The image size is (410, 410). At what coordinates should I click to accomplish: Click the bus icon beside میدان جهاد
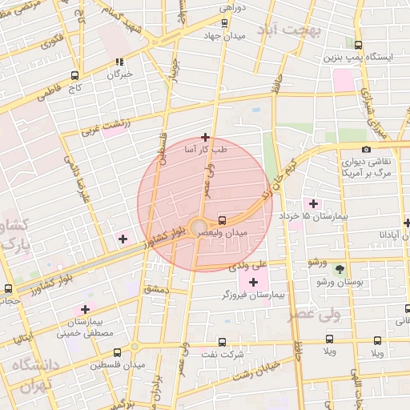pos(224,23)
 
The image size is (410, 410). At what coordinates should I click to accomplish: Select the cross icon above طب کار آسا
pos(206,137)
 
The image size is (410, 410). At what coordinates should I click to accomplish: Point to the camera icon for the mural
pos(366,149)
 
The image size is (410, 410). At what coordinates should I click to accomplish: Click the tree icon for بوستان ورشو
pos(340,270)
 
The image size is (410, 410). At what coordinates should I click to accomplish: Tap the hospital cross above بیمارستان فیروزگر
pos(254,281)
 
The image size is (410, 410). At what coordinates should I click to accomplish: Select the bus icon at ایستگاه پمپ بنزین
pos(358,45)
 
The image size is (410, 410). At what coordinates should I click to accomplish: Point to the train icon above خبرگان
pos(119,62)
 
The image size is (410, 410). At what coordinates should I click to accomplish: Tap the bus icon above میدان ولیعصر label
pos(222,220)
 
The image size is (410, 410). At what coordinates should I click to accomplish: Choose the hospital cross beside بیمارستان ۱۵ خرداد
pos(312,203)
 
